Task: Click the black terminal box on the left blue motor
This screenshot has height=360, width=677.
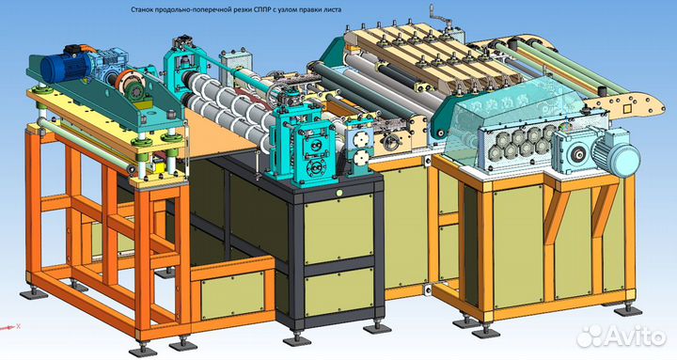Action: (70, 48)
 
